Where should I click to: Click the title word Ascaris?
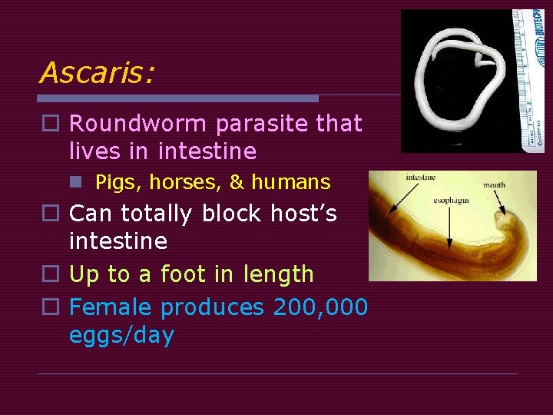[x=96, y=72]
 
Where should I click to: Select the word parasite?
[x=266, y=123]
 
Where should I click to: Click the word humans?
[x=290, y=183]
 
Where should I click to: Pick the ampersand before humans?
[x=237, y=183]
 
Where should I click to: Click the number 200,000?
[x=320, y=307]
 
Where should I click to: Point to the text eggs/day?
[x=121, y=336]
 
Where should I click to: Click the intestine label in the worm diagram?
[x=420, y=178]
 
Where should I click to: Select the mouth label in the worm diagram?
[x=494, y=185]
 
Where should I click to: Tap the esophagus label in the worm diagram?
[x=451, y=201]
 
